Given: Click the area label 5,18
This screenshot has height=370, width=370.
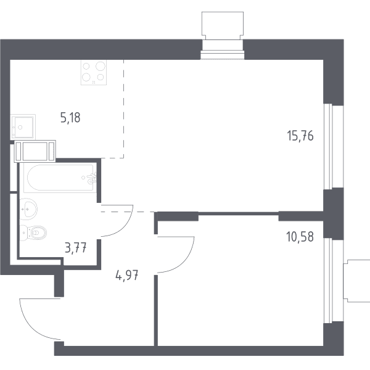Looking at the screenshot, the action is pos(70,118).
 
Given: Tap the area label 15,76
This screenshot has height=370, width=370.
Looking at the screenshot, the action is pos(300,136).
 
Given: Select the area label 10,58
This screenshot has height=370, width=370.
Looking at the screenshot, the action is pos(300,237).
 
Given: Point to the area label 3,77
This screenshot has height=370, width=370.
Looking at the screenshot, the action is pos(76,248).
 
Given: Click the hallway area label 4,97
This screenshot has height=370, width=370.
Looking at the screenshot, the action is pos(126,275).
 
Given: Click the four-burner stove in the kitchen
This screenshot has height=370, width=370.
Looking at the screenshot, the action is pos(94,72).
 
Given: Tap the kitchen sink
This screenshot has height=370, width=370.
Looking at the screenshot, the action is pos(23,127).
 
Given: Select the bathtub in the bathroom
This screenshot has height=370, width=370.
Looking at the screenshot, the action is pos(60,178).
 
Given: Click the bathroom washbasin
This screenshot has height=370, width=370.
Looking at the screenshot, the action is pos(28,209).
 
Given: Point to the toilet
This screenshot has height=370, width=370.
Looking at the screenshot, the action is pos(33,233).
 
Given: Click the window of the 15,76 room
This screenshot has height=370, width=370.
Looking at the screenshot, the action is pos(328,146).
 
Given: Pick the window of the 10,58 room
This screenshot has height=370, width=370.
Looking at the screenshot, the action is pos(328,281).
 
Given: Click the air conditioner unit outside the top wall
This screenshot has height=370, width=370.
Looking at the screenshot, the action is pos(223,25).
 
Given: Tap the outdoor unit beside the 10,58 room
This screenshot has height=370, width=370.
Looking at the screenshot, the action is pos(356,281).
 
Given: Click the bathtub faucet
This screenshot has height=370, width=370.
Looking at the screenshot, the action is pos(91,178).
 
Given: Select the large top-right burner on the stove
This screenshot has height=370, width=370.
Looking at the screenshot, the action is pos(101,66).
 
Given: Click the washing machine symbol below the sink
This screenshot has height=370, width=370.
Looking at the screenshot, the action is pos(35,151).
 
